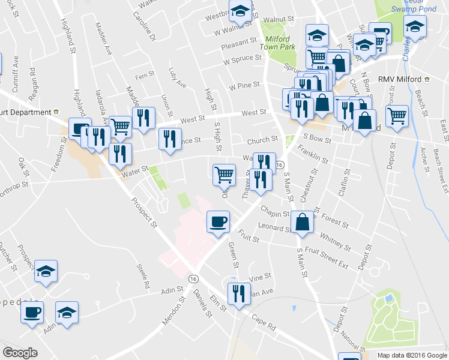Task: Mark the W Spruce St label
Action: click(242, 60)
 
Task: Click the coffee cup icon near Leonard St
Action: click(218, 221)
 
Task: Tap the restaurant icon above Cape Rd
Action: click(239, 294)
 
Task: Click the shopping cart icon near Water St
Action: click(224, 175)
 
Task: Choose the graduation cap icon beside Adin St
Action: click(67, 312)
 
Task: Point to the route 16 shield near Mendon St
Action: click(193, 278)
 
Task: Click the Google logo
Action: click(20, 352)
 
